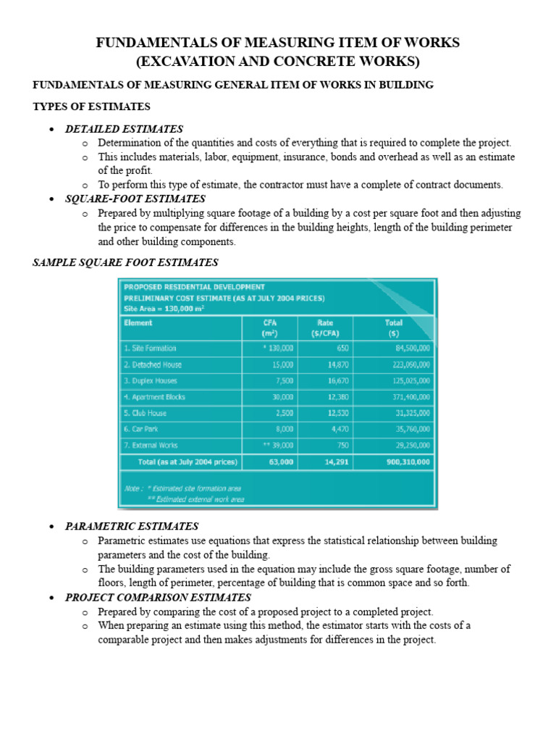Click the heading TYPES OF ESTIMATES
tap(91, 107)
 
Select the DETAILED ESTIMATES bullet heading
tap(124, 129)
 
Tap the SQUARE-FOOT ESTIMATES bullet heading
tap(135, 199)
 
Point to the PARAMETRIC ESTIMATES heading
tap(132, 526)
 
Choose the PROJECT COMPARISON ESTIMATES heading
tap(158, 597)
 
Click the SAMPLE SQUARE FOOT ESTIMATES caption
tap(125, 262)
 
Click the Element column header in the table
tap(138, 322)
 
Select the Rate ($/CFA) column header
tap(325, 328)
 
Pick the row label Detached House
tap(153, 364)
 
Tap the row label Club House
tap(146, 413)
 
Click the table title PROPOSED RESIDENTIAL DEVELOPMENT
tap(194, 287)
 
